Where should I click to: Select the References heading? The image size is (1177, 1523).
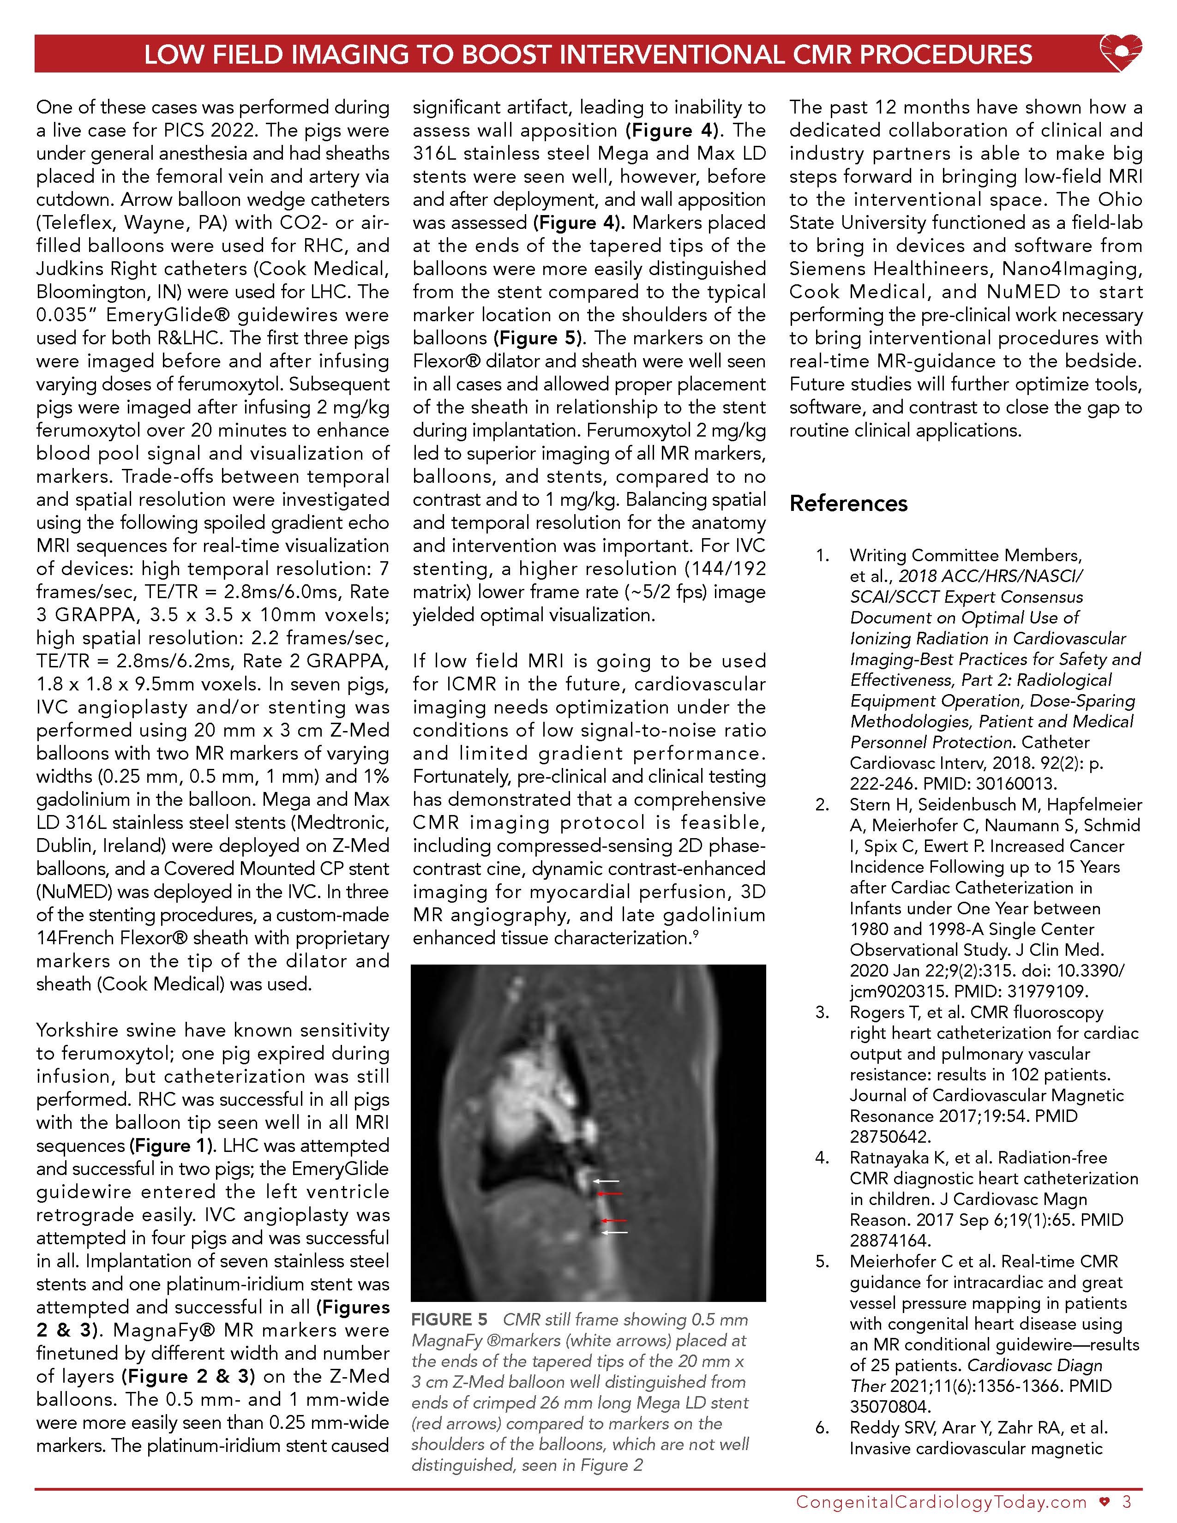[x=848, y=504]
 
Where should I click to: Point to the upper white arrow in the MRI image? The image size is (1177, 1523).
[x=606, y=1181]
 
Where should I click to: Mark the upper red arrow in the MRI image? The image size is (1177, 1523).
[x=612, y=1194]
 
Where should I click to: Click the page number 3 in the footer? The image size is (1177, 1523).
[x=1127, y=1501]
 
